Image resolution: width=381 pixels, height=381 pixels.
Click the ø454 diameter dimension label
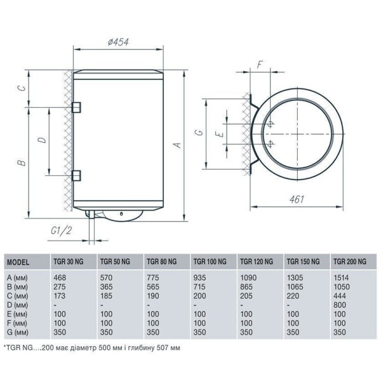click(x=118, y=42)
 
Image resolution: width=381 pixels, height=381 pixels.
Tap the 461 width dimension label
click(x=297, y=199)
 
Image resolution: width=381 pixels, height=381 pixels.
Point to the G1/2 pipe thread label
click(x=61, y=231)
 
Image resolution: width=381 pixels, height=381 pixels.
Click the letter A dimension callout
click(x=178, y=145)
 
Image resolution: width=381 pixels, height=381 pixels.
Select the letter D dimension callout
click(x=43, y=140)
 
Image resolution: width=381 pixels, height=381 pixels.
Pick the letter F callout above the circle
click(x=260, y=65)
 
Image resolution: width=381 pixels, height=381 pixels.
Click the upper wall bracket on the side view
click(x=76, y=107)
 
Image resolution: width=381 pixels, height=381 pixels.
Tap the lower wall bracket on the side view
click(x=76, y=175)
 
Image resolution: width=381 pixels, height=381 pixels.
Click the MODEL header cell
click(x=18, y=262)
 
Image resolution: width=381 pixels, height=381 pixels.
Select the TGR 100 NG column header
click(x=210, y=262)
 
